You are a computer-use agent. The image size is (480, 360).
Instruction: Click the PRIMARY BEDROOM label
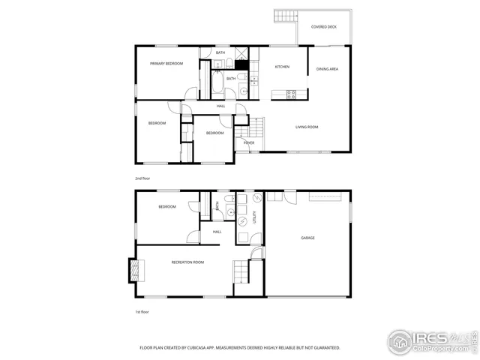[166, 64]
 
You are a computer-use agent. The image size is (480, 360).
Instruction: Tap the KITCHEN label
[282, 67]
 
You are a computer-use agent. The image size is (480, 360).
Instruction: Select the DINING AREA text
[328, 69]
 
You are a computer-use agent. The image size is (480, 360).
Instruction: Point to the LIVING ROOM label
[306, 127]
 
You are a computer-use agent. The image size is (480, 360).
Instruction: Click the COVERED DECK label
[324, 26]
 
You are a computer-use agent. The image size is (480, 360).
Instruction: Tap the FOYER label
[248, 142]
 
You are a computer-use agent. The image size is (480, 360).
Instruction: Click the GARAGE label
[307, 238]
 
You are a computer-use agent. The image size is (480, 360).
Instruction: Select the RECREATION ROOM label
[187, 262]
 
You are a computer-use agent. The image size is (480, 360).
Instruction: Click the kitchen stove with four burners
[291, 94]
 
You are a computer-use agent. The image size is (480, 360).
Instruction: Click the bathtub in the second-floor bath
[216, 84]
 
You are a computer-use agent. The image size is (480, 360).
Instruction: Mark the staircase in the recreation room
[240, 270]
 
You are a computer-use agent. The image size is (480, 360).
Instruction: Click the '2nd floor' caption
[143, 179]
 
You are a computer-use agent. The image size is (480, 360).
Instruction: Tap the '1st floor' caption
[142, 311]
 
